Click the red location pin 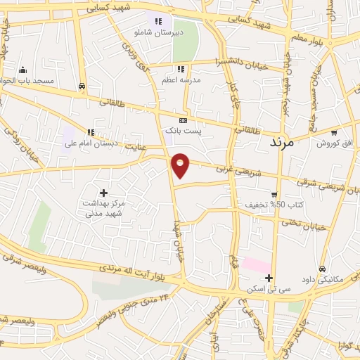(181, 164)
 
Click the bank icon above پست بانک (184, 120)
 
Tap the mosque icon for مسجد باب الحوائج (23, 70)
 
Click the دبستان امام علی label (90, 143)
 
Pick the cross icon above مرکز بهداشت (104, 193)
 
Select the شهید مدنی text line (104, 214)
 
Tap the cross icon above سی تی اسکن (269, 278)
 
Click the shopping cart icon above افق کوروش (335, 131)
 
